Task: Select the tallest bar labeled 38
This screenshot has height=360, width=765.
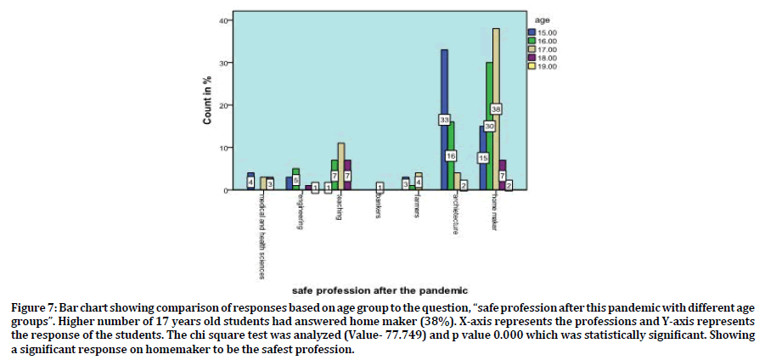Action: tap(496, 85)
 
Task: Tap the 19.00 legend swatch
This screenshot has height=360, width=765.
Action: tap(532, 65)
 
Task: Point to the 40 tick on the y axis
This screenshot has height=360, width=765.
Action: tap(224, 20)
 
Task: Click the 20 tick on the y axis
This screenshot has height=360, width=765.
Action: tap(224, 105)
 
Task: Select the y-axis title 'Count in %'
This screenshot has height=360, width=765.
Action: tap(207, 106)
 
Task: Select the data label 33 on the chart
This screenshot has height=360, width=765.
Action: tap(444, 121)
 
